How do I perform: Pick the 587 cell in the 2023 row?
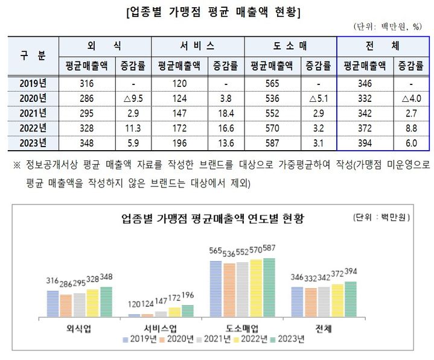point(271,143)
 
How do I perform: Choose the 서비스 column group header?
point(197,45)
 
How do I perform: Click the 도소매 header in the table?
point(290,45)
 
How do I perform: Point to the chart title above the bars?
point(212,218)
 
